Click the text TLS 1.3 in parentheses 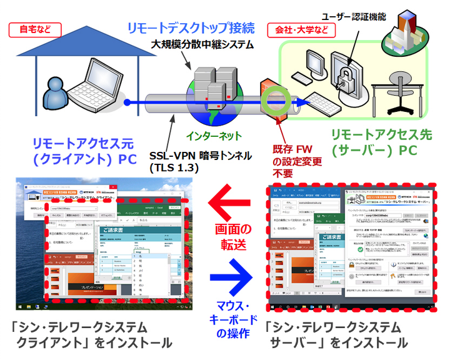click(x=174, y=167)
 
